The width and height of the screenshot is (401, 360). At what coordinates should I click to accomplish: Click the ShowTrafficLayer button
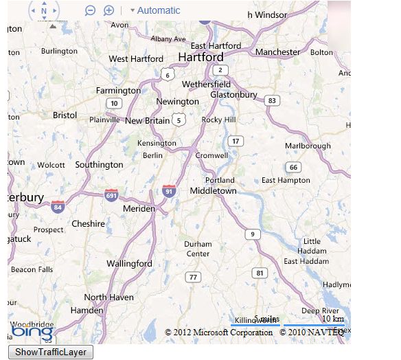tap(51, 352)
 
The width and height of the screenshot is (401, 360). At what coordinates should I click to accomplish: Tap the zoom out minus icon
tap(90, 10)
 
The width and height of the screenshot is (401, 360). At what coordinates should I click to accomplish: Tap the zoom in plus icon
tap(108, 10)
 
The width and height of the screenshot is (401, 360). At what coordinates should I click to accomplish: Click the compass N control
tap(44, 10)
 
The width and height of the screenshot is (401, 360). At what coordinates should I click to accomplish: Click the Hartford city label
tap(200, 56)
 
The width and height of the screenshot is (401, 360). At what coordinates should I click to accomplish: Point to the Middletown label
tap(213, 190)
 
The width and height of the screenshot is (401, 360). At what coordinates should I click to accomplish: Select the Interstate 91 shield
tap(169, 190)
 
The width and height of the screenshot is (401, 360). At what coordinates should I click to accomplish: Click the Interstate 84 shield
tap(58, 206)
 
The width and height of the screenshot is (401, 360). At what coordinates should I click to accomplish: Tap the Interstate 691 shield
tap(111, 195)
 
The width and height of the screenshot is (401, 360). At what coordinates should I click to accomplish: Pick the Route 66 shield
tap(293, 167)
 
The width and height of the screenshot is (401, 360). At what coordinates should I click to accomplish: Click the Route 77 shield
tap(194, 277)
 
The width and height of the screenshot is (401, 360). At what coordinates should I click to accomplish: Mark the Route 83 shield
tap(273, 100)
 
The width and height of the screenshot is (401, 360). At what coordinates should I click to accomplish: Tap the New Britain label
tap(147, 120)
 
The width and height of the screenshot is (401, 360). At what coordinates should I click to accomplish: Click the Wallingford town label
tap(129, 263)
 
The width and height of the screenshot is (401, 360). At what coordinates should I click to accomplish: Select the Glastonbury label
tap(233, 94)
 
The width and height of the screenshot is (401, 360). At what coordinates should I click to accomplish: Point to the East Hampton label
tap(286, 180)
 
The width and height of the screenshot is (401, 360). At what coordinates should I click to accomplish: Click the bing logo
tap(32, 333)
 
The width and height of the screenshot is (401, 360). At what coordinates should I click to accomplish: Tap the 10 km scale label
tap(333, 319)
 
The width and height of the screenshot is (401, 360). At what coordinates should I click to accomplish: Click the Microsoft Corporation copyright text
tap(219, 333)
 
